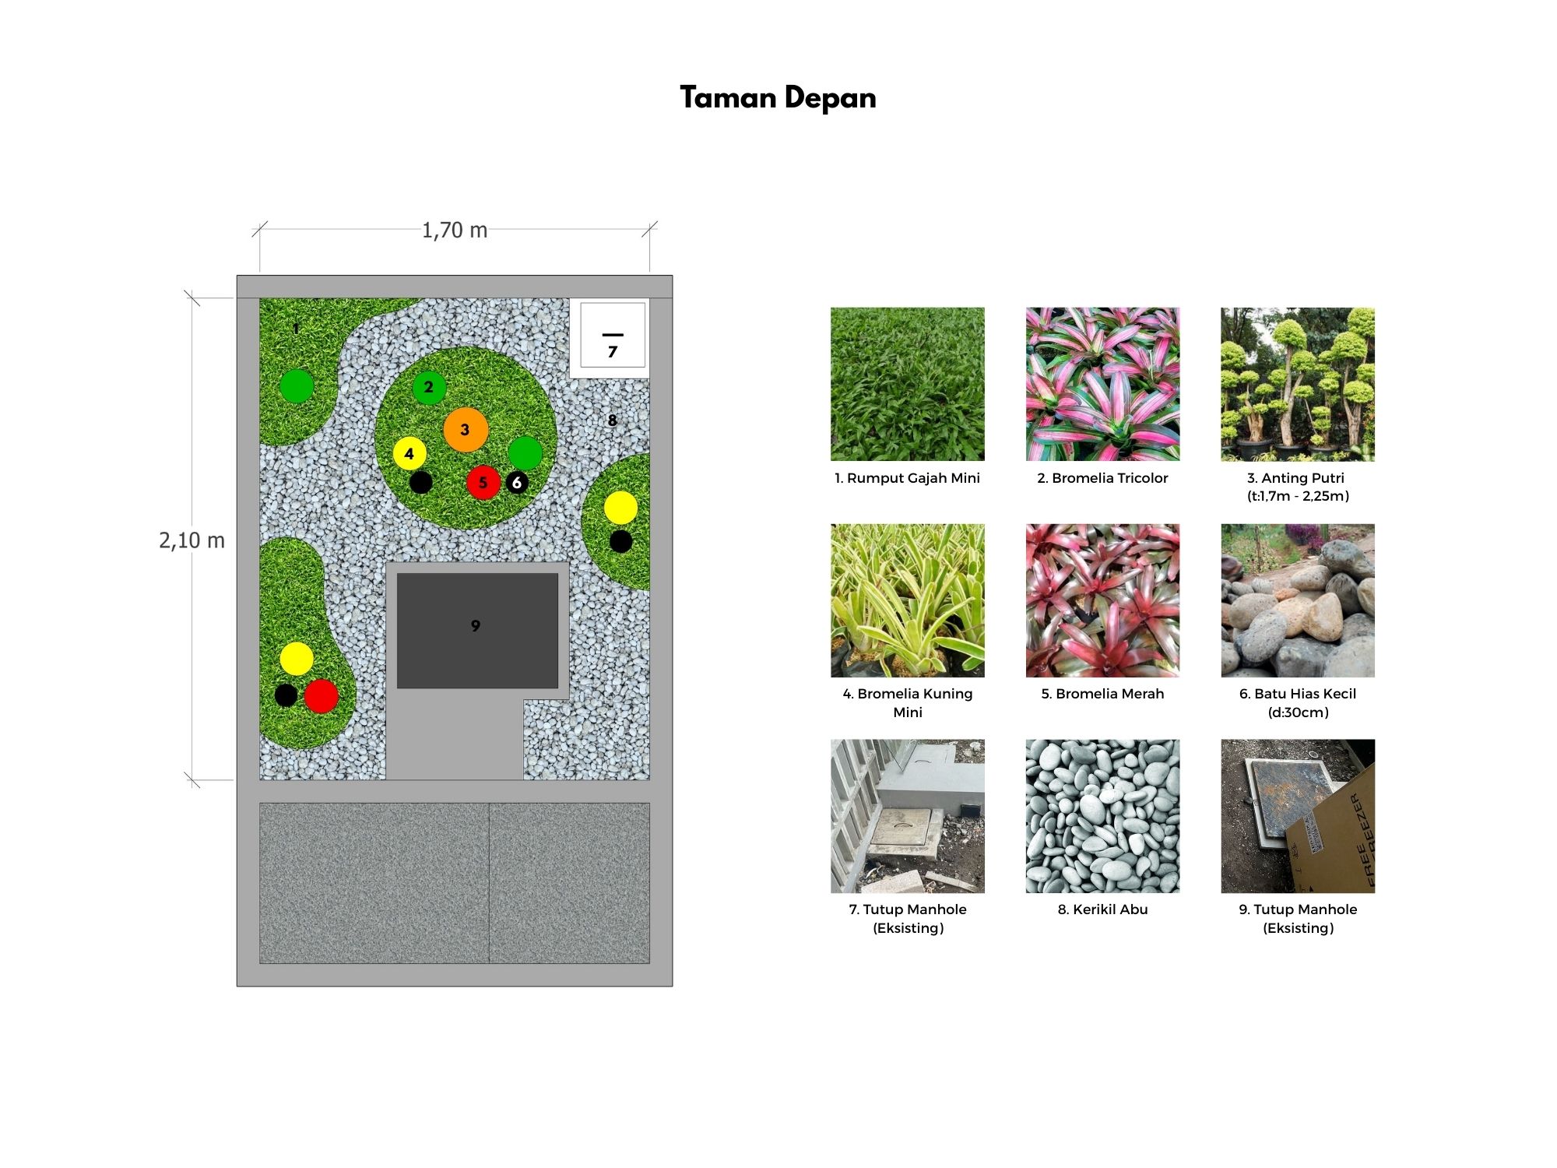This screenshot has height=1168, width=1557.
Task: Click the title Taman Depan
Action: coord(778,98)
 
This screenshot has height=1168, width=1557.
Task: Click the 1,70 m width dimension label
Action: coord(455,230)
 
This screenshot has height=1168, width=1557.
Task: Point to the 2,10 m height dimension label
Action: coord(192,540)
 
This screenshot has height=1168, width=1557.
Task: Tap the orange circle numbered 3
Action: coord(466,430)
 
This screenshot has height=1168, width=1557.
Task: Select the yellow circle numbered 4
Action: coord(409,454)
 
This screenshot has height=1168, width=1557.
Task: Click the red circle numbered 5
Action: coord(483,483)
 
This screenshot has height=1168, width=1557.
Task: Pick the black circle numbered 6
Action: coord(517,483)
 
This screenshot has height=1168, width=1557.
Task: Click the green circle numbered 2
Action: coord(429,387)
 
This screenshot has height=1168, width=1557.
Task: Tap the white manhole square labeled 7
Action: coord(613,335)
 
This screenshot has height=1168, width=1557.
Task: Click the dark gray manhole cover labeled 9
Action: coord(477,631)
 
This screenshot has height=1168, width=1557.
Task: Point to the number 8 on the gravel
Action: coord(613,420)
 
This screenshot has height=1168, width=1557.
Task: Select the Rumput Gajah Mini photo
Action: coord(908,384)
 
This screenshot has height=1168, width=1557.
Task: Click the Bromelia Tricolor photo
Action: coord(1102,384)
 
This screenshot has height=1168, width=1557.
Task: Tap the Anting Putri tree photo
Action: coord(1298,384)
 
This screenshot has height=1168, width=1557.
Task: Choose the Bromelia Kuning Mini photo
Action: coord(908,600)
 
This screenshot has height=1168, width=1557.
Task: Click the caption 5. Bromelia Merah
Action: coord(1102,694)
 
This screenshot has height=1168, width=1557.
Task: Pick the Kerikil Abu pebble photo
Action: coord(1102,816)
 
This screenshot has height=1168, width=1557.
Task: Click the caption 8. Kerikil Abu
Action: coord(1102,909)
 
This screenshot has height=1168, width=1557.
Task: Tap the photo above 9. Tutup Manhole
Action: coord(1298,816)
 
